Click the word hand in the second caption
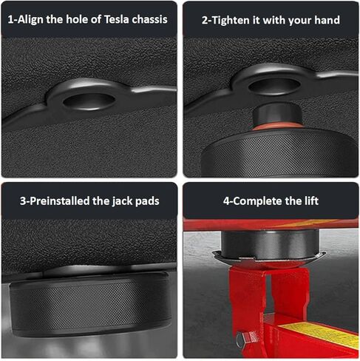pos(326,20)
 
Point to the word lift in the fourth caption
pos(308,200)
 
